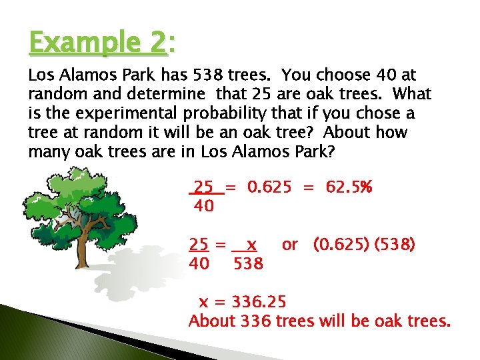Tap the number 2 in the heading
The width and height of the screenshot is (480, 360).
(159, 44)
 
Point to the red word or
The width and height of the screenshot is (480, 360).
(290, 245)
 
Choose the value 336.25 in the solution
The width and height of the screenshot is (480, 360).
(261, 301)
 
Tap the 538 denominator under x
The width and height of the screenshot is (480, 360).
(249, 265)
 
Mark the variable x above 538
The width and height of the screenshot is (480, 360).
(251, 245)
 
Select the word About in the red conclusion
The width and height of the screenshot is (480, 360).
(213, 321)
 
